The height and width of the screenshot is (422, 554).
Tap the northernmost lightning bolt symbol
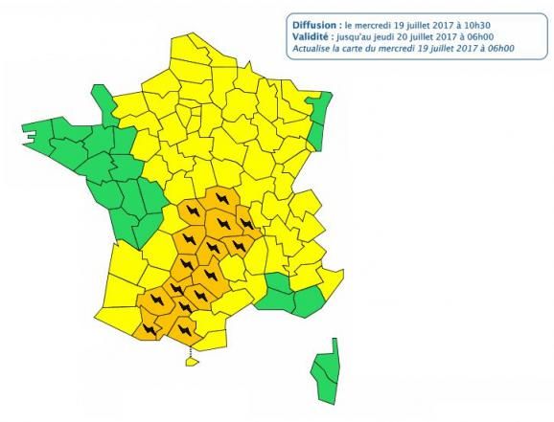click(224, 198)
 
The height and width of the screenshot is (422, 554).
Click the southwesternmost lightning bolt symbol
click(148, 329)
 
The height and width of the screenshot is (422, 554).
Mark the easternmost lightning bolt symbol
click(247, 223)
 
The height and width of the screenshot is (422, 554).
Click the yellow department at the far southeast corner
click(331, 282)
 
